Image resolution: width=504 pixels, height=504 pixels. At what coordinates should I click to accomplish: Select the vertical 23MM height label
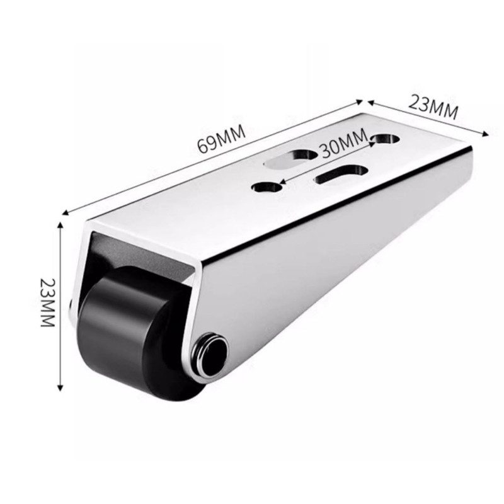[48, 302]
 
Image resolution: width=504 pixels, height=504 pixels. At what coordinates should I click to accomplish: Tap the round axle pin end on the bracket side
[210, 353]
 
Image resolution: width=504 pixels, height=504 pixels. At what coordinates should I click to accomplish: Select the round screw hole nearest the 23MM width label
[386, 139]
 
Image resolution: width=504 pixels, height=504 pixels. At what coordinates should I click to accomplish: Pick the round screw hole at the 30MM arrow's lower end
[266, 187]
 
